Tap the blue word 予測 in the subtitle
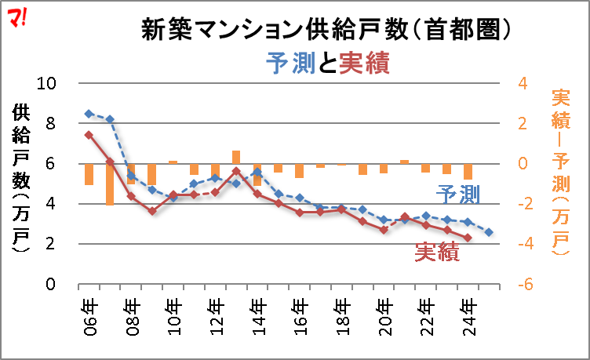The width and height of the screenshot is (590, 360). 291,64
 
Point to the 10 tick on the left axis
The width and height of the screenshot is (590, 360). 47,84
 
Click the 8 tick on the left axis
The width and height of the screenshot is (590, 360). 51,124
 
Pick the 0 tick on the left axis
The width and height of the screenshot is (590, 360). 51,284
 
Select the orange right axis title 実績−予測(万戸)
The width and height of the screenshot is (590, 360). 561,173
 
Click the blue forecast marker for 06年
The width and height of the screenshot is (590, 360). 89,114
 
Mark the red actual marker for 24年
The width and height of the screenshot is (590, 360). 468,238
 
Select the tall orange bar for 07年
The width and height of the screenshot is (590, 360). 110,184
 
